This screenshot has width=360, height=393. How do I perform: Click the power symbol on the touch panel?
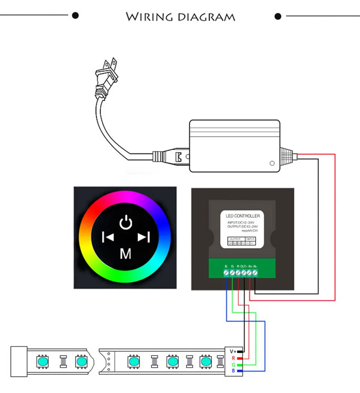tap(126, 222)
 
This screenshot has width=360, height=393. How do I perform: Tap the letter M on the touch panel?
tap(126, 254)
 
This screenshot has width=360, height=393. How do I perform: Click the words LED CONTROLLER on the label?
tap(243, 216)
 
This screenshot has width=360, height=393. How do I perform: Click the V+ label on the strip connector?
tap(233, 351)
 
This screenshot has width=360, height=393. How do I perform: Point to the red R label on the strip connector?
tap(233, 358)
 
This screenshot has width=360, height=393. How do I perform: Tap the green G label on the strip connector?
tap(233, 364)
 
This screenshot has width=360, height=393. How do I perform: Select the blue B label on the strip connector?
tap(233, 371)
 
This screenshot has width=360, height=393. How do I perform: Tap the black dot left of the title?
tap(75, 15)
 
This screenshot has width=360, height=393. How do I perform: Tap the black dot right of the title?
tap(278, 16)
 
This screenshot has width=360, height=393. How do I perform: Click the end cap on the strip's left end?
tap(18, 361)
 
